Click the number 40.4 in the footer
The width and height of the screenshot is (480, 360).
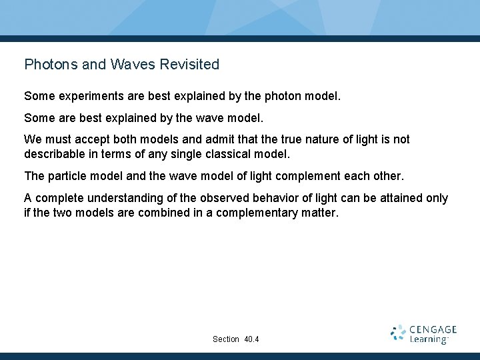click(251, 339)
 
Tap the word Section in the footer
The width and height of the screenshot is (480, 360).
click(226, 339)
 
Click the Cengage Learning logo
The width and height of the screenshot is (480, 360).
click(424, 334)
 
